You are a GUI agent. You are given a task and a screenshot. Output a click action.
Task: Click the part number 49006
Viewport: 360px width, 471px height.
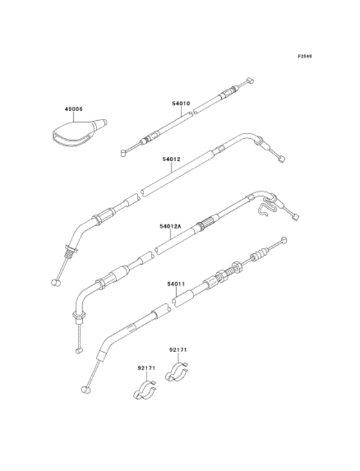[73, 109]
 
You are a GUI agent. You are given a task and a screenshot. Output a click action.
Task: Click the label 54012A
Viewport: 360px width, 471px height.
[171, 226]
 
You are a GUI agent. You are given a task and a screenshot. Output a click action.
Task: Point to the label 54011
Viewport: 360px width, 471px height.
[176, 283]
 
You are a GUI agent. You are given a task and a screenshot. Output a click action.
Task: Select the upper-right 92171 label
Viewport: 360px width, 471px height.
[178, 350]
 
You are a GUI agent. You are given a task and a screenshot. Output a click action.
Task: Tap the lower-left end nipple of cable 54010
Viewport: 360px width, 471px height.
[123, 153]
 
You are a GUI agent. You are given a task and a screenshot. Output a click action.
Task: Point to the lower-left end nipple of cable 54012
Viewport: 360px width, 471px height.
[55, 281]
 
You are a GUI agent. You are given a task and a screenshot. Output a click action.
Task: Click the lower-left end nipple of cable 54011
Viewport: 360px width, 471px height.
[85, 388]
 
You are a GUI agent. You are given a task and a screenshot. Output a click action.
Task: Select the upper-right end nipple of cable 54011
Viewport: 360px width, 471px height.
[283, 240]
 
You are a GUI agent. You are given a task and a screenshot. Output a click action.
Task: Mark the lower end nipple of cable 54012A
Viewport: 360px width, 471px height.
[78, 350]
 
